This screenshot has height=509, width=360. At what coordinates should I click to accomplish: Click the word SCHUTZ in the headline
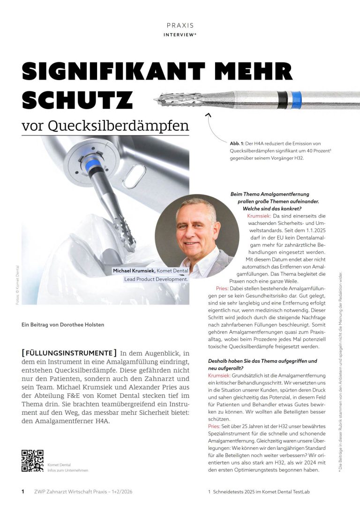(77, 101)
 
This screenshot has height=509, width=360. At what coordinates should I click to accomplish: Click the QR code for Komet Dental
(32, 461)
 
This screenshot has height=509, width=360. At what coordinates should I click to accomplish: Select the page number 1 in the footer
(23, 492)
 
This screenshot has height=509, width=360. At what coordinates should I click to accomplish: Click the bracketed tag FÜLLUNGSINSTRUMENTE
(69, 352)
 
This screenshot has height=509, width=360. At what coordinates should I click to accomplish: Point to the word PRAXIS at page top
(180, 25)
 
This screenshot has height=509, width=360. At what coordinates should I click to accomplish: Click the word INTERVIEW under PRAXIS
(180, 35)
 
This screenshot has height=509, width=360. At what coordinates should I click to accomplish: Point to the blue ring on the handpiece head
(94, 165)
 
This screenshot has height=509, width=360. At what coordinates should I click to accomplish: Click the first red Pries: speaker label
(222, 288)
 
